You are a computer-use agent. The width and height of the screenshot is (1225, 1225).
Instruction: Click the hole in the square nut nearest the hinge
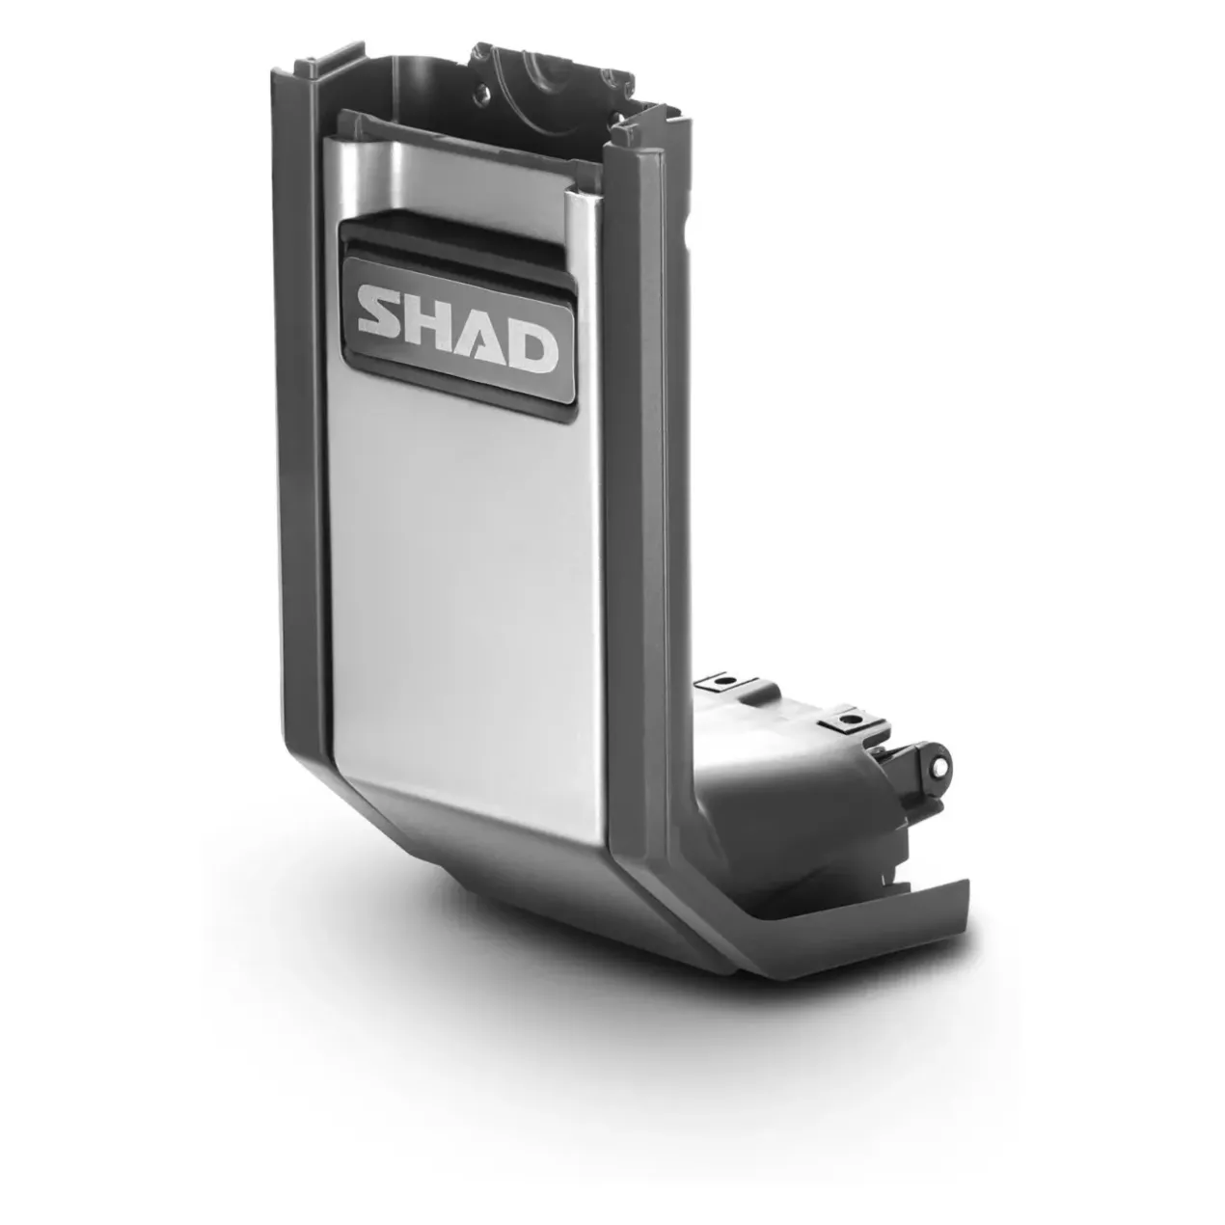[847, 721]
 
